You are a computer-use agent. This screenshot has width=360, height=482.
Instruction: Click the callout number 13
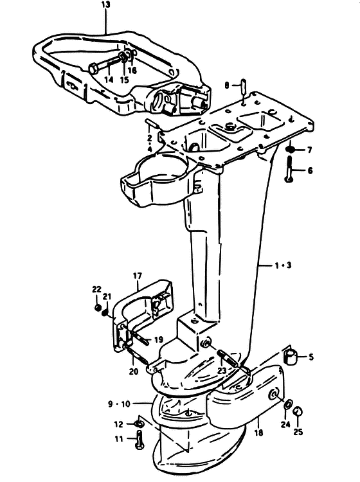[105, 4]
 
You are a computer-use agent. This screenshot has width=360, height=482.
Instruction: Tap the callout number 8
[227, 85]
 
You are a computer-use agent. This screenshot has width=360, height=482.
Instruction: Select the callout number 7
[310, 150]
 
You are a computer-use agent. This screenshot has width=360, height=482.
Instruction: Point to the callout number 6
[310, 170]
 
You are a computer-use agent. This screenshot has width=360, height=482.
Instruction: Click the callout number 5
[311, 357]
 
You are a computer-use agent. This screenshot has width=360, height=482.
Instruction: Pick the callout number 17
[138, 276]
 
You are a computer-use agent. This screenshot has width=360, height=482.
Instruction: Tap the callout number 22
[96, 289]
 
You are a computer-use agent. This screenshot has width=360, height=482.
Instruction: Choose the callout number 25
[298, 432]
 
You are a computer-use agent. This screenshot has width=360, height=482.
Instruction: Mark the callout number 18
[259, 433]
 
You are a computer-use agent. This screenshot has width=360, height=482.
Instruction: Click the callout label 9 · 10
[120, 404]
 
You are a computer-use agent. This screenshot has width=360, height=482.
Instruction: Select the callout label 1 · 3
[283, 265]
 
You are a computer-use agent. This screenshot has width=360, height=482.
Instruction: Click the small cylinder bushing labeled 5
[289, 357]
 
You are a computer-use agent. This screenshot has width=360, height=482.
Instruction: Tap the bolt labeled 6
[289, 169]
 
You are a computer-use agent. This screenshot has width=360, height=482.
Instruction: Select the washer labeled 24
[289, 404]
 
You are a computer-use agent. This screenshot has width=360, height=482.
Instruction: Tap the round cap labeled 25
[298, 411]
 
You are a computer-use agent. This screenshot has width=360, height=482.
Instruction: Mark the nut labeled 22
[98, 308]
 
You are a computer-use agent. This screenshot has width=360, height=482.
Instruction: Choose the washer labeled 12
[138, 424]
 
